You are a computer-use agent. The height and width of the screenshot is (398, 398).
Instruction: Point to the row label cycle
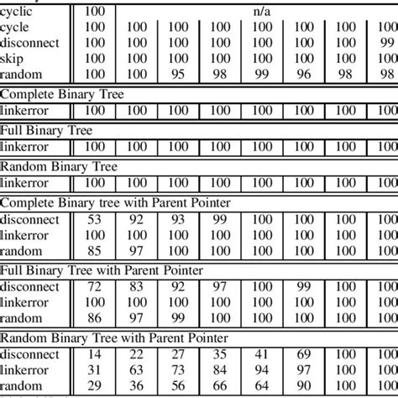click(x=16, y=28)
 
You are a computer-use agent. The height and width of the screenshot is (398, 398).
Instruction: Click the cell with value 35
click(x=220, y=354)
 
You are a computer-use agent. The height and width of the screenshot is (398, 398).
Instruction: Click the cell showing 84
click(x=220, y=369)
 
